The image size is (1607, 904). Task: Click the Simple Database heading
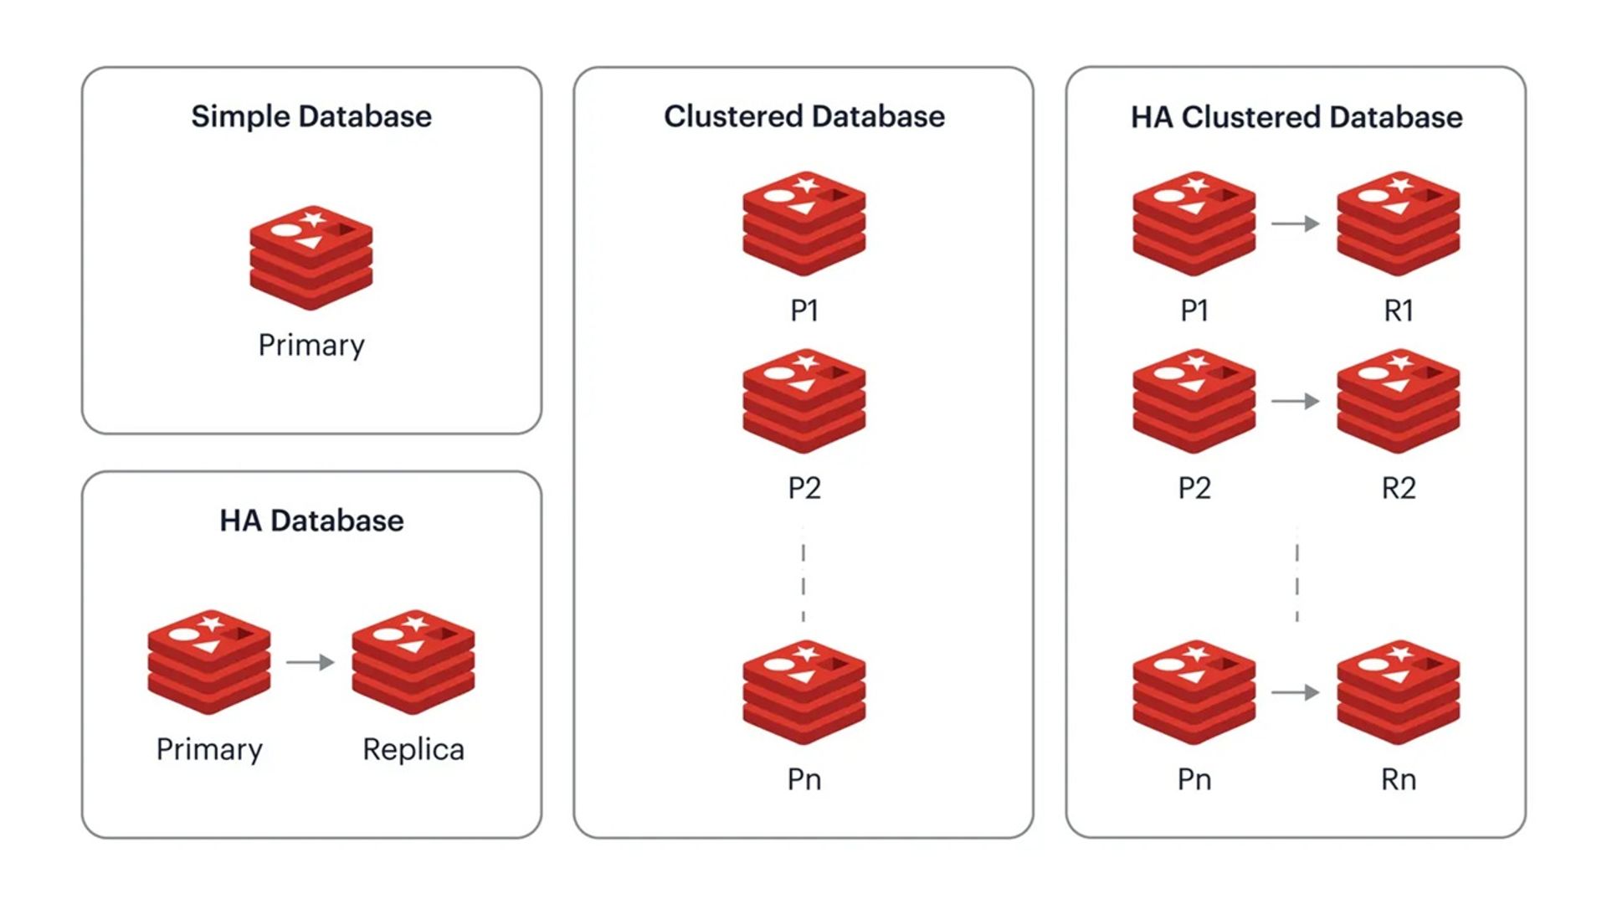(311, 116)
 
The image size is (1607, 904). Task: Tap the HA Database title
(311, 521)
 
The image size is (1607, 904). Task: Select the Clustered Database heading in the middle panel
(803, 116)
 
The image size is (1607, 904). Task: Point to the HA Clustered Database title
(1296, 117)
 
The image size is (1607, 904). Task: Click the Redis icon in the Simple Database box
(311, 257)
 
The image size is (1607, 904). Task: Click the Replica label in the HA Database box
(413, 749)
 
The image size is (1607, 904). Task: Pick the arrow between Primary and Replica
(310, 662)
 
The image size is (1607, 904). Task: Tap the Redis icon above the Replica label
(413, 661)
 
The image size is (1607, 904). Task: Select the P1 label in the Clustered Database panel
(803, 311)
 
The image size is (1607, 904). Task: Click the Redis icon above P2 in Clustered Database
(803, 401)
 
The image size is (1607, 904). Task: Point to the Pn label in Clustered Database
(803, 779)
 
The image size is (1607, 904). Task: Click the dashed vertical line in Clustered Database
(803, 578)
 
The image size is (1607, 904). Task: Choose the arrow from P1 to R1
(1295, 223)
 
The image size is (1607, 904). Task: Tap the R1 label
(1398, 311)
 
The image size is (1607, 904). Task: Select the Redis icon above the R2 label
(1398, 401)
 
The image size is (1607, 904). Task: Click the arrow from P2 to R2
(1295, 401)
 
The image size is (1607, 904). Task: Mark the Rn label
(1398, 779)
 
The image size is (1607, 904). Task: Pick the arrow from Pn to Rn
(1295, 692)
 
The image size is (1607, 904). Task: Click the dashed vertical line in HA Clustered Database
(1296, 578)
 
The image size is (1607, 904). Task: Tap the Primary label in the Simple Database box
(311, 345)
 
